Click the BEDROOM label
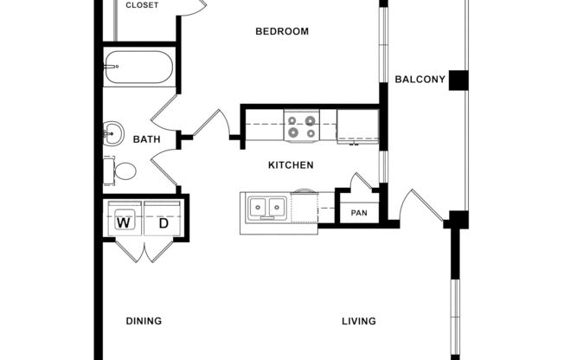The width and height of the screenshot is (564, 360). coord(282,32)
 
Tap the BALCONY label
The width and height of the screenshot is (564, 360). coord(420,80)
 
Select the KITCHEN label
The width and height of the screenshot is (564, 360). coord(290,164)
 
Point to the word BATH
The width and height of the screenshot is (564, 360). coord(146,138)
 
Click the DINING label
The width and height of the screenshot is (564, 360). coord(144,321)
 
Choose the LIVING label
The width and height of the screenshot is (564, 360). coord(358,321)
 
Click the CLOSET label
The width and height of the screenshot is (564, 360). coord(142,5)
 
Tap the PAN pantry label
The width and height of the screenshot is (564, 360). coord(359,213)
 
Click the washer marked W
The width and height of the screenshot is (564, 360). coord(125,223)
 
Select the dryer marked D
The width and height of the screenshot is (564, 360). coord(163,223)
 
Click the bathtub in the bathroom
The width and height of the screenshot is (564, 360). coord(138,67)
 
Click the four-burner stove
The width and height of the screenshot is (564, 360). coord(303,126)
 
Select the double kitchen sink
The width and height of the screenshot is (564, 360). coord(266,208)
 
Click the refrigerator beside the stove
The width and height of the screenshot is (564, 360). coord(356,126)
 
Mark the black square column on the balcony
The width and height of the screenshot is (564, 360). coord(458,80)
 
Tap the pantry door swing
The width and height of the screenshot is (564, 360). coord(362,183)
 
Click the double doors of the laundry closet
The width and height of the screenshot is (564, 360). coord(144,249)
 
